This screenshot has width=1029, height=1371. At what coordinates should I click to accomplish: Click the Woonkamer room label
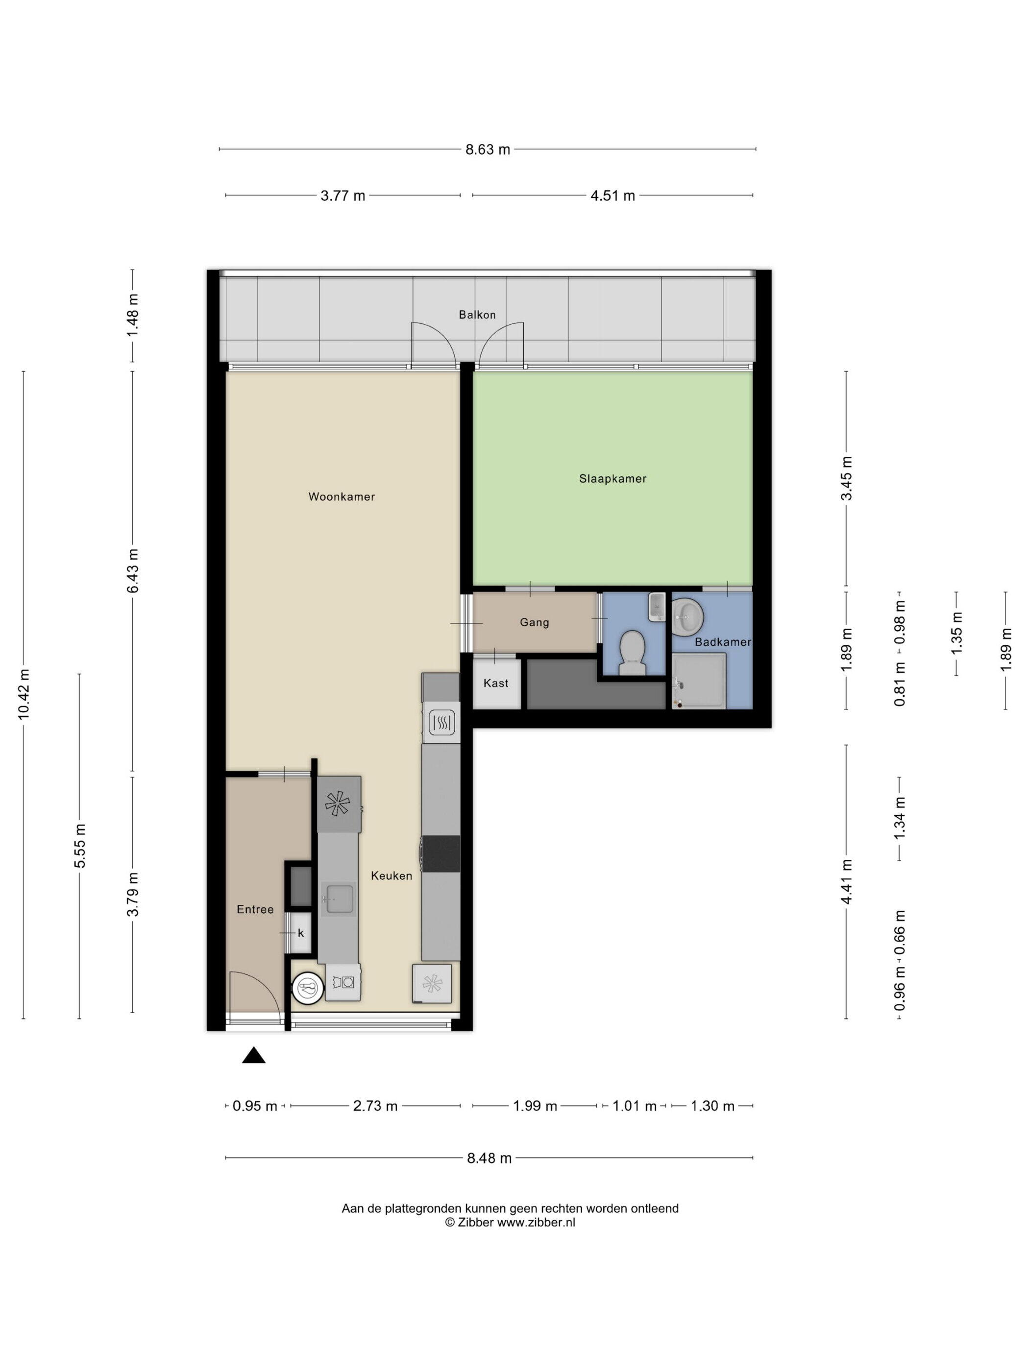[x=341, y=496]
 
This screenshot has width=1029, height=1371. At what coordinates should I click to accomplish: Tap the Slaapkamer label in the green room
[x=612, y=478]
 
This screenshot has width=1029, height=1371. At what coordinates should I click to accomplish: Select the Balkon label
[x=477, y=315]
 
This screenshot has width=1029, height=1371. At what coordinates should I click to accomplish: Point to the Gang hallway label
[x=534, y=622]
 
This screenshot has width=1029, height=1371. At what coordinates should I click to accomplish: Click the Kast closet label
[x=495, y=683]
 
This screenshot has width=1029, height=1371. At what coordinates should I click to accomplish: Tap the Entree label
[x=255, y=909]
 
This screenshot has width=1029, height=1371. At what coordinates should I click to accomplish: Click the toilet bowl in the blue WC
[x=633, y=653]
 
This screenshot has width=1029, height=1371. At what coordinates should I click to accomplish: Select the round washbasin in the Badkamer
[x=686, y=616]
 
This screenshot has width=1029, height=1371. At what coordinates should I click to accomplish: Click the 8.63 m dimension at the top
[x=488, y=149]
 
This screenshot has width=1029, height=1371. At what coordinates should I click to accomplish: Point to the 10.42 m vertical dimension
[x=24, y=694]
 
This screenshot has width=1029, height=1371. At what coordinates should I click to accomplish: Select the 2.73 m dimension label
[x=375, y=1106]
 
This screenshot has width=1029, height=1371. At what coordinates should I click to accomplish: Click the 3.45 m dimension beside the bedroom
[x=846, y=478]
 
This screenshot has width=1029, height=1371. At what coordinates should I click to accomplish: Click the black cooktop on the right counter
[x=441, y=854]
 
